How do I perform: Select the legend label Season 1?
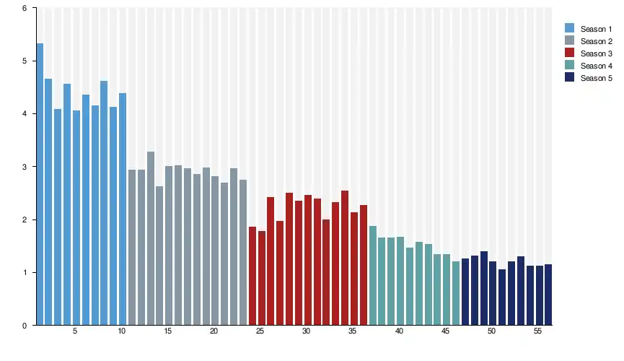[596, 29]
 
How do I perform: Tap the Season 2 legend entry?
[596, 41]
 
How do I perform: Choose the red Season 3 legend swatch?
[569, 53]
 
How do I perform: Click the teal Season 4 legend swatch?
[569, 66]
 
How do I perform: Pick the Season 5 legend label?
[596, 78]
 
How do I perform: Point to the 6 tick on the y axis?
[25, 9]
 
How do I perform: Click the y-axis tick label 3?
[25, 167]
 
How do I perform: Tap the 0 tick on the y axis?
[25, 326]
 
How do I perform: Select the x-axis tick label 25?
[260, 331]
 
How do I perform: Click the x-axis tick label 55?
[538, 331]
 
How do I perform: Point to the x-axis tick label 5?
[75, 331]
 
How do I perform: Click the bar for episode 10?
[123, 209]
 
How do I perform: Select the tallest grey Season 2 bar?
[151, 238]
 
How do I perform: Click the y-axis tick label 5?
[25, 61]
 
